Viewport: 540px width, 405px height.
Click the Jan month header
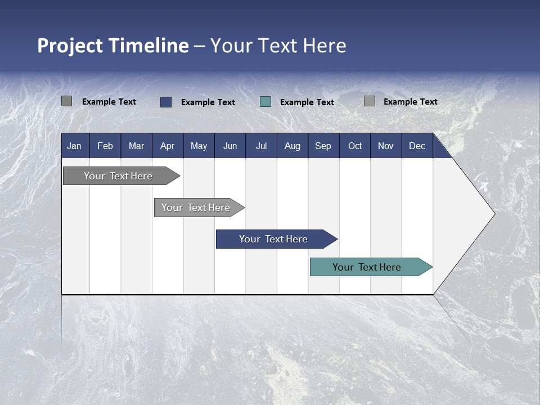tap(74, 146)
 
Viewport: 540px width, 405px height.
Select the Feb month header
tap(105, 146)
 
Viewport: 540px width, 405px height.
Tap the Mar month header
tap(136, 146)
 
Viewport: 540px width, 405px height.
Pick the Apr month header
tap(168, 146)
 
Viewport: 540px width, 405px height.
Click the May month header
tap(199, 146)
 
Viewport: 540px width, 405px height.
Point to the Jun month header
tap(230, 146)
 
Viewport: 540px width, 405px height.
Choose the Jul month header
tap(261, 146)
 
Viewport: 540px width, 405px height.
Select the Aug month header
tap(292, 146)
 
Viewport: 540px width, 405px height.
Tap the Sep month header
tap(323, 146)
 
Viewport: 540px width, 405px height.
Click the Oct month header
tap(355, 146)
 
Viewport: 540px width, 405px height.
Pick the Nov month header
tap(386, 146)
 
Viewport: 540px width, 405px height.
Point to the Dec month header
tap(417, 146)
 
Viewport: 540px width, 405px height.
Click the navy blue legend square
tap(166, 102)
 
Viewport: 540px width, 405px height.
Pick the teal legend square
tap(265, 102)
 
